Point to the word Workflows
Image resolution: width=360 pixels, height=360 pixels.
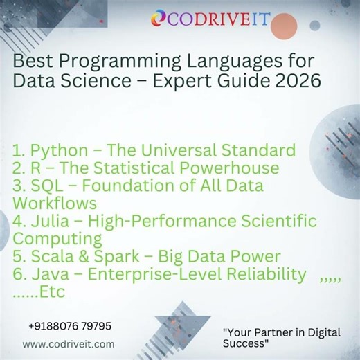(x=55, y=204)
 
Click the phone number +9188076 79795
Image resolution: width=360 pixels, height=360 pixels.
(x=69, y=325)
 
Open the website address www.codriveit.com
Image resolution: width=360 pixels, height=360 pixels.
(x=69, y=343)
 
